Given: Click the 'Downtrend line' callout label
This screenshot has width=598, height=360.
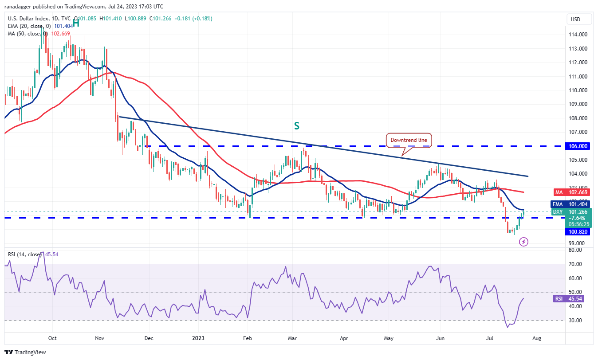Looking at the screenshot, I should [409, 140].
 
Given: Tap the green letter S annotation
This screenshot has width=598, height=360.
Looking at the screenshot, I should [296, 126].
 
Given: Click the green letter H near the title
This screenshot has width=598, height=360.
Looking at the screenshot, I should [76, 23].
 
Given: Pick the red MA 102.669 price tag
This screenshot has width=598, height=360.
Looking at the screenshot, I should [576, 192].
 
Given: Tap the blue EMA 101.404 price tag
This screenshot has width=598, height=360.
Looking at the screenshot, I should [576, 204].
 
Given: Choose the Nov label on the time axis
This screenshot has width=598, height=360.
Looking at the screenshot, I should [99, 339].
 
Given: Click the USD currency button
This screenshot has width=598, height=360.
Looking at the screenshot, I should [575, 20].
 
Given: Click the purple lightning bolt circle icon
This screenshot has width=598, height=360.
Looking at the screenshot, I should [524, 242].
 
